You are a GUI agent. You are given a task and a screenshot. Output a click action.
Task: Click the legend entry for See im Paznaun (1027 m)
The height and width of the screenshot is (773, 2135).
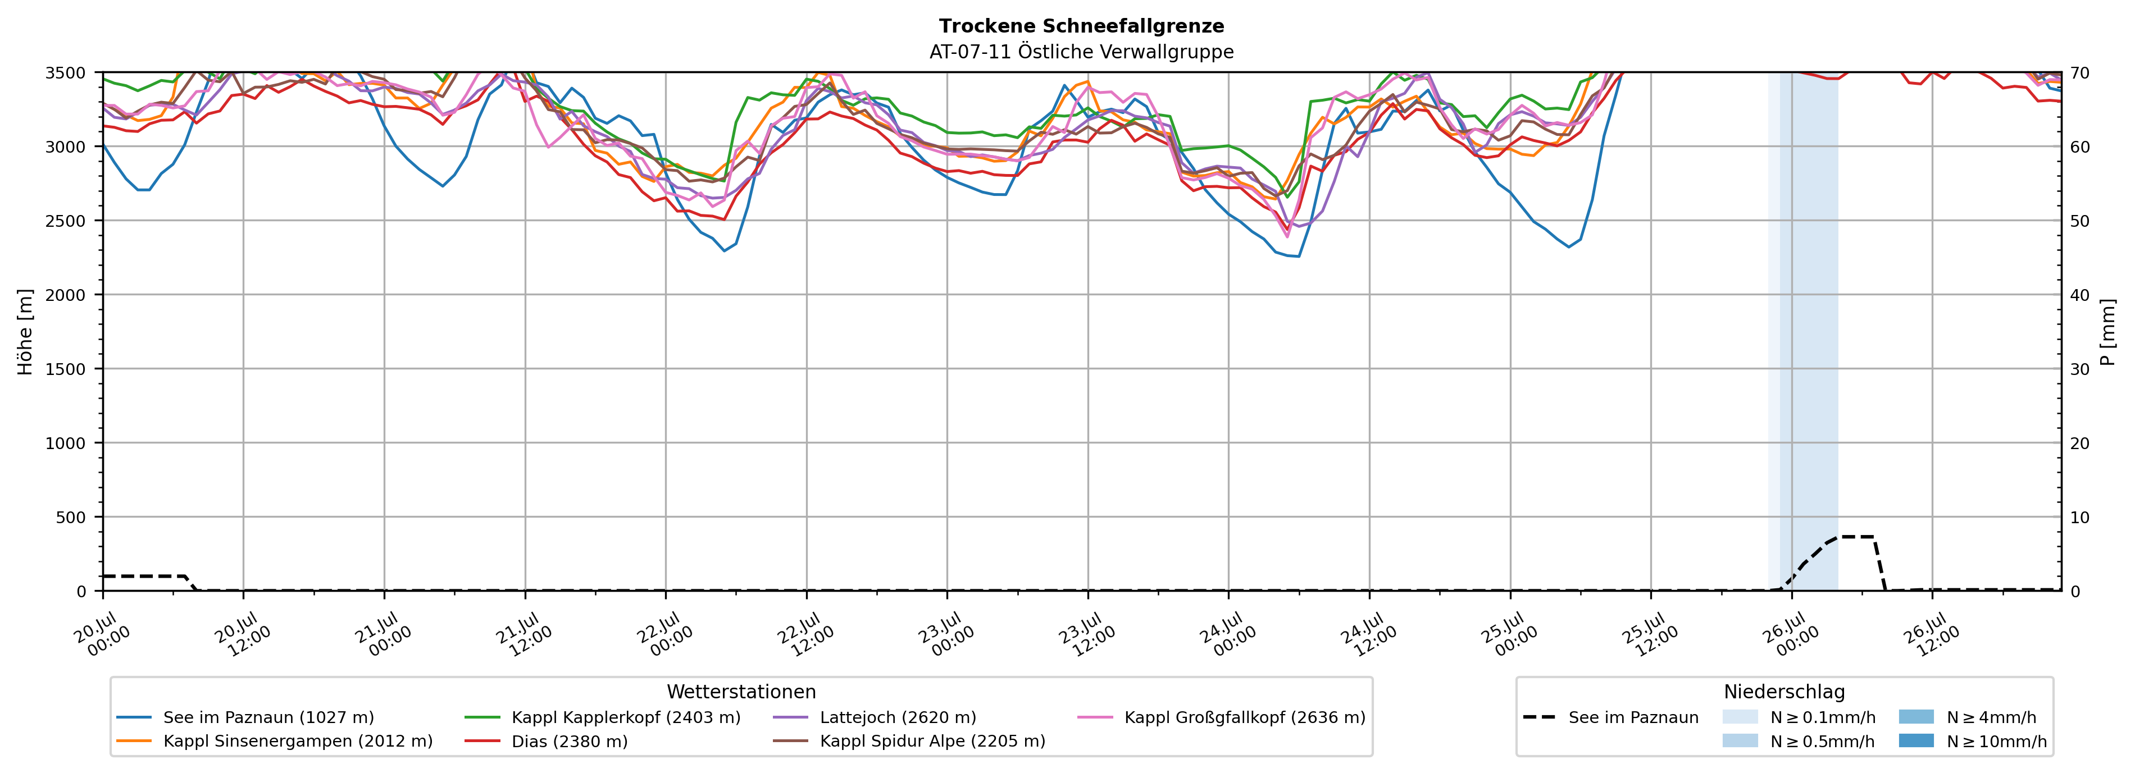[x=245, y=717]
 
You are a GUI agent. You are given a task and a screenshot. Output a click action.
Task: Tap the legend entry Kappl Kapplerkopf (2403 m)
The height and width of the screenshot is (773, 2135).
[x=603, y=717]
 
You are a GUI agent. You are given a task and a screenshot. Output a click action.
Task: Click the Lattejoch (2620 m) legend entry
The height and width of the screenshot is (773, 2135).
[x=875, y=717]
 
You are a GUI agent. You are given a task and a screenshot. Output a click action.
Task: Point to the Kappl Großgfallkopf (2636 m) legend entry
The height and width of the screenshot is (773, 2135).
[x=1222, y=717]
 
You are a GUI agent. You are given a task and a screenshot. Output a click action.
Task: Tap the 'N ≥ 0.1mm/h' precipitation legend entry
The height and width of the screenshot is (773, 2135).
[x=1799, y=717]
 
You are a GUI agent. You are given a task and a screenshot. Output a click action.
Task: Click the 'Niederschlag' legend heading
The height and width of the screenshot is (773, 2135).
[x=1785, y=692]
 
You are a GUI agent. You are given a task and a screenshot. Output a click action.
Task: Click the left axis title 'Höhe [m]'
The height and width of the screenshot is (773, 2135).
[x=26, y=331]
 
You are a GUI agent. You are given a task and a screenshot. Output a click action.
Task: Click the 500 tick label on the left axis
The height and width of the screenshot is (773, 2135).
[x=70, y=518]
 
